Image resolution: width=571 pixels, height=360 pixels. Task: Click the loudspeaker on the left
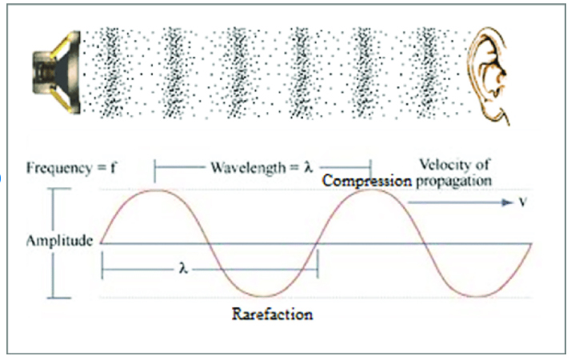point(57,73)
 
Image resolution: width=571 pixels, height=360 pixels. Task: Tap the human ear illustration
point(488,75)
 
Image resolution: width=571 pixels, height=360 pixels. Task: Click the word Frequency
point(59,168)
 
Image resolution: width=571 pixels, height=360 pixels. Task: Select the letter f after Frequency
point(114,168)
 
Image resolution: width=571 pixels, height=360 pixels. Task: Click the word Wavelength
point(249,168)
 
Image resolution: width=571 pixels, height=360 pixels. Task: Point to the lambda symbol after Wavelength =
point(309,167)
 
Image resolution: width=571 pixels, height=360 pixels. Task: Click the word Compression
point(367,181)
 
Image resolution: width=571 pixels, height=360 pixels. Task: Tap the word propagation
point(453,181)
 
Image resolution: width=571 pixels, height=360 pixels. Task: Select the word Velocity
point(442,164)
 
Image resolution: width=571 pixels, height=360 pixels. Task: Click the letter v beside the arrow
point(522,202)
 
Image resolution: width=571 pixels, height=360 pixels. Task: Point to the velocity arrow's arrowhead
point(508,202)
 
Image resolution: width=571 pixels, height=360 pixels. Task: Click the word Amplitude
point(59,241)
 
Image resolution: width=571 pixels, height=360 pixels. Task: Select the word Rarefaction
point(273,314)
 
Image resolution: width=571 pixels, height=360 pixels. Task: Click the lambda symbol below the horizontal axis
point(183,269)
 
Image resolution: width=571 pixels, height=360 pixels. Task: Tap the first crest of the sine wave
point(154,190)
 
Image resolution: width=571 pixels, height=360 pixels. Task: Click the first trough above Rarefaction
point(263,296)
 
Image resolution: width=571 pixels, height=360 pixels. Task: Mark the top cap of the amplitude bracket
point(59,189)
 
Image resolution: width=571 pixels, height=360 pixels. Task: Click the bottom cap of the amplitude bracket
point(59,298)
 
